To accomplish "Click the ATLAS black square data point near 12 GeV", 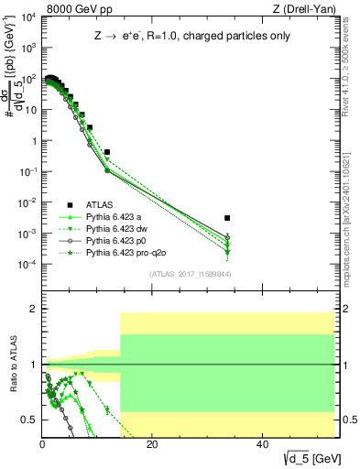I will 107,152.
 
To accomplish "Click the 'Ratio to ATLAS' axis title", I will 13,365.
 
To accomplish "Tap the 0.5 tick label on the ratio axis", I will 30,420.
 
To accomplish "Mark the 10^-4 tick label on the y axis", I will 27,265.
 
